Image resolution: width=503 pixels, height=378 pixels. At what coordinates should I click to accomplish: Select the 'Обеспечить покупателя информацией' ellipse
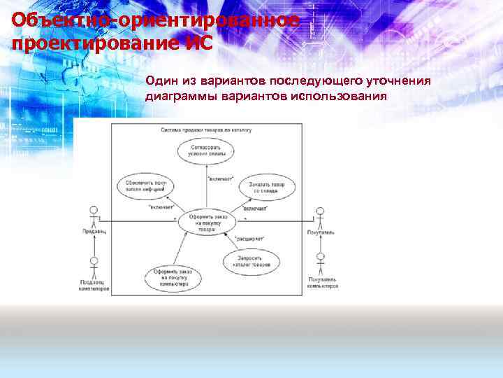pos(145,186)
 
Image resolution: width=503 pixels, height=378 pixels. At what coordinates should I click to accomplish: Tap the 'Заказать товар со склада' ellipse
pos(263,188)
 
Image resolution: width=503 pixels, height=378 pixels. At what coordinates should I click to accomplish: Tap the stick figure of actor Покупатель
pos(320,217)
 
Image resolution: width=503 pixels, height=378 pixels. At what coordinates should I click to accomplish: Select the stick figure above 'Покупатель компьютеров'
pos(321,265)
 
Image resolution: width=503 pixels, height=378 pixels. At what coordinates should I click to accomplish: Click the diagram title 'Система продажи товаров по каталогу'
pos(206,130)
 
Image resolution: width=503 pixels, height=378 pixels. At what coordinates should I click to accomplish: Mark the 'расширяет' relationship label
pos(249,238)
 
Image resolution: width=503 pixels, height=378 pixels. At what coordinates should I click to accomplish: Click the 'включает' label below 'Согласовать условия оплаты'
pos(221,179)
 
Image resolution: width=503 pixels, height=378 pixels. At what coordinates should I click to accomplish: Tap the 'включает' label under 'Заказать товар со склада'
pos(256,208)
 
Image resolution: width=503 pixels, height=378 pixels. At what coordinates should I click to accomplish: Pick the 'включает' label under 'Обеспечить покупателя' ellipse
pos(161,207)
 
